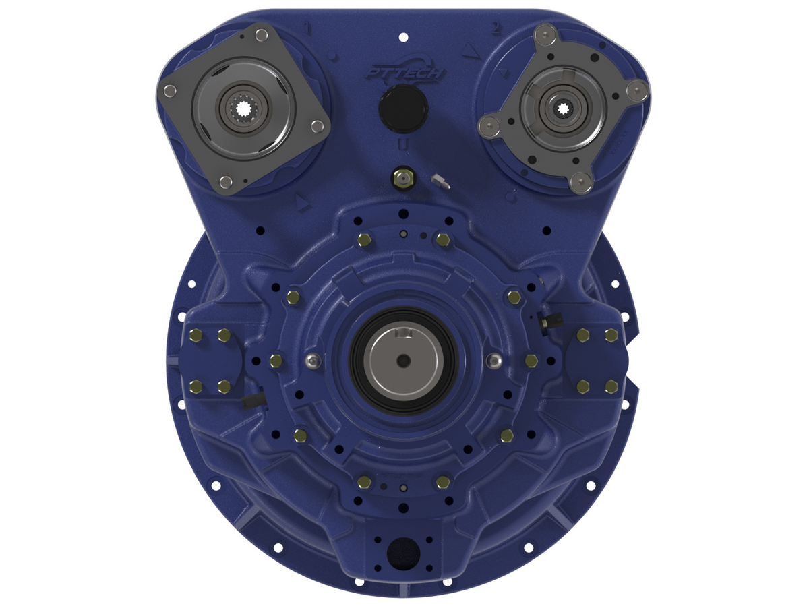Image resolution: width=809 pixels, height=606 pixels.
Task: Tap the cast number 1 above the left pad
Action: click(308, 28)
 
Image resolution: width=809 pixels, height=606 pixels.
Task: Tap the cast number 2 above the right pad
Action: click(496, 28)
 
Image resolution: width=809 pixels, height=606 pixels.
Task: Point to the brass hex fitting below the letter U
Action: click(402, 178)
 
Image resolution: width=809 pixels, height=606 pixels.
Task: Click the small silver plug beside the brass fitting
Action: click(438, 180)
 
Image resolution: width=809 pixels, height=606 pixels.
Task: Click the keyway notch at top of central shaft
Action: click(404, 332)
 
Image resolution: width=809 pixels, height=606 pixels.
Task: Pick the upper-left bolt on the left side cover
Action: click(196, 335)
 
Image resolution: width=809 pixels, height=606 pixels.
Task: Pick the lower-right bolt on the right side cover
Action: click(611, 386)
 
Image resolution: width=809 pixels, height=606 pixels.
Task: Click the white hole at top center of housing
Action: click(403, 36)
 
